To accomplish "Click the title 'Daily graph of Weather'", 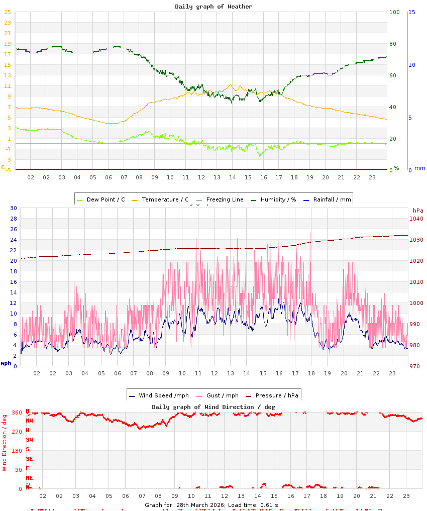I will [213, 7].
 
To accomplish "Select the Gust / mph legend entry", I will [221, 395].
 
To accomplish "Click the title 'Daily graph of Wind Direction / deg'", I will [213, 406].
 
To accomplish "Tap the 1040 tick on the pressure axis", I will [416, 219].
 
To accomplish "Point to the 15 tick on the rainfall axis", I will [412, 12].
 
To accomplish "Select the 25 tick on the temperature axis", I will [8, 12].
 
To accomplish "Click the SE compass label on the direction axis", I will [29, 459].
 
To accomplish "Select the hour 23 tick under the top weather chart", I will [372, 177].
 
